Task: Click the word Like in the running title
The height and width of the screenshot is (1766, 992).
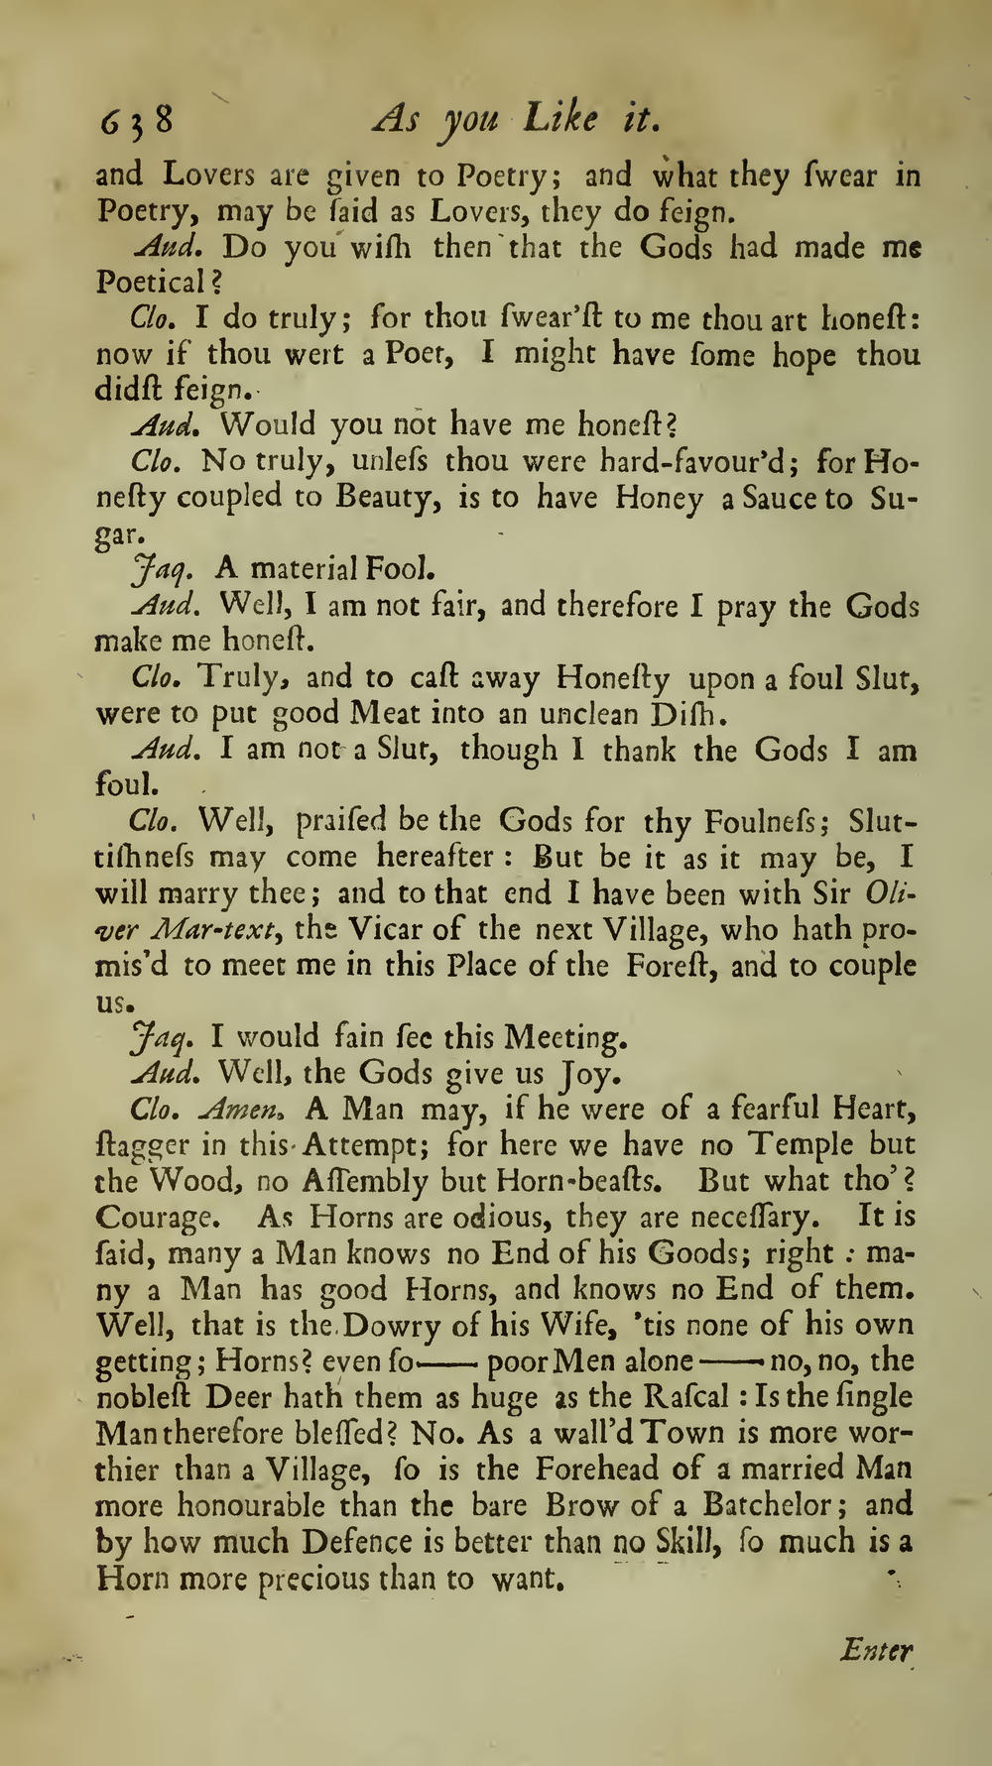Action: click(560, 119)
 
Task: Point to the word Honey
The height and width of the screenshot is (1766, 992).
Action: click(659, 497)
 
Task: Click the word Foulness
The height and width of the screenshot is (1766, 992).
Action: click(773, 823)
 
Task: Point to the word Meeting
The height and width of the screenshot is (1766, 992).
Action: click(565, 1038)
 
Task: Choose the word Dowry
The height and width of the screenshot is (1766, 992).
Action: click(395, 1325)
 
